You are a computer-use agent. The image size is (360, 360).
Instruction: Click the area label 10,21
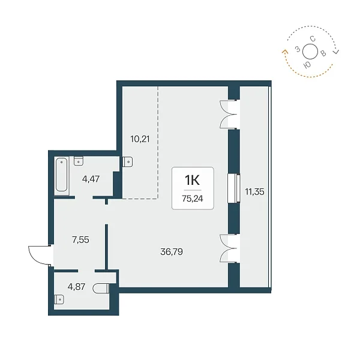[x=140, y=139]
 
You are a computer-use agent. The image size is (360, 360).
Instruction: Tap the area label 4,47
[x=91, y=179]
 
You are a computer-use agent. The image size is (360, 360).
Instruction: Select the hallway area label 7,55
[x=80, y=240]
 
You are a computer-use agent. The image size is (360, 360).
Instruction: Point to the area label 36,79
[x=172, y=252]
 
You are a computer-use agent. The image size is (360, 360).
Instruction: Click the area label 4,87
[x=76, y=287]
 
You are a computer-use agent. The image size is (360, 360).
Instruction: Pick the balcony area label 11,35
[x=254, y=192]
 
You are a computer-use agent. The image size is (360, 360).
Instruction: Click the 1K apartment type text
[x=193, y=180]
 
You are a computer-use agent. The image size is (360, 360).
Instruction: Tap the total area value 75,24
[x=193, y=199]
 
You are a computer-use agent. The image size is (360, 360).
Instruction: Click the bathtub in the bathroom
[x=62, y=175]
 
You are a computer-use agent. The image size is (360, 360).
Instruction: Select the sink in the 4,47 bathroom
[x=79, y=161]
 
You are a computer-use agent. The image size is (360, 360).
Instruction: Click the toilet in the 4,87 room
[x=101, y=289]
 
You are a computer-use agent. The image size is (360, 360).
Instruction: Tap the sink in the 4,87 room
[x=59, y=299]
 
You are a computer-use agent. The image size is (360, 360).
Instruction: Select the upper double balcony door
[x=229, y=114]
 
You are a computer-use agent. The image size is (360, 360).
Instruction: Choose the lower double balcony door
[x=229, y=248]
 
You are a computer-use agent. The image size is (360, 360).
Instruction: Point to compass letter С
[x=313, y=39]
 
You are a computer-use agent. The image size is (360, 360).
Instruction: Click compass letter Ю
[x=307, y=65]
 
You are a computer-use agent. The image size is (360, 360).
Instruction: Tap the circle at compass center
[x=310, y=52]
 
